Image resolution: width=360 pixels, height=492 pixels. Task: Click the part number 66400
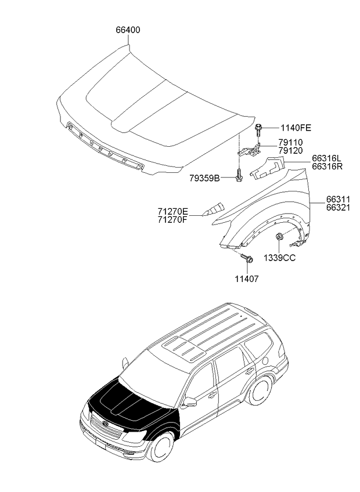(128, 30)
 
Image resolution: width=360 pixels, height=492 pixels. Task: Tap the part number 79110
(290, 143)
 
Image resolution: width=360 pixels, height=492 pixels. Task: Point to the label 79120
(290, 151)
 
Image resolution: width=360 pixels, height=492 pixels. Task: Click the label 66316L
(326, 158)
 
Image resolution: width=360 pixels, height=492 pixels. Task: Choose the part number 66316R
(327, 166)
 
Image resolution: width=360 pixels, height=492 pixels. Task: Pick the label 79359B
(204, 178)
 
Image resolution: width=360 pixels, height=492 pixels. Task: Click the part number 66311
(338, 200)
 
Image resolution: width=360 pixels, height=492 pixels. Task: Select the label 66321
(338, 207)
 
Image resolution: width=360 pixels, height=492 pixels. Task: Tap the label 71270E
(172, 211)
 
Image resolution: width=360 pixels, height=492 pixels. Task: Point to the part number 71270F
(172, 219)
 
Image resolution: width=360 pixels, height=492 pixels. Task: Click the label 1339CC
(279, 258)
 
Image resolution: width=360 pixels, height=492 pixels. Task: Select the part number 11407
(247, 278)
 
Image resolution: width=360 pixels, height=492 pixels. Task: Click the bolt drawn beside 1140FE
(258, 129)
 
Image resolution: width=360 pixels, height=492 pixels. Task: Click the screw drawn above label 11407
(247, 258)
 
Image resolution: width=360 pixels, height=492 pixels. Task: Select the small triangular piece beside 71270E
(213, 209)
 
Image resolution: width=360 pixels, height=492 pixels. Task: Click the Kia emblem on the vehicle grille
(105, 424)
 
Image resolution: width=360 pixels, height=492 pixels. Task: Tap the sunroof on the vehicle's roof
(183, 349)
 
